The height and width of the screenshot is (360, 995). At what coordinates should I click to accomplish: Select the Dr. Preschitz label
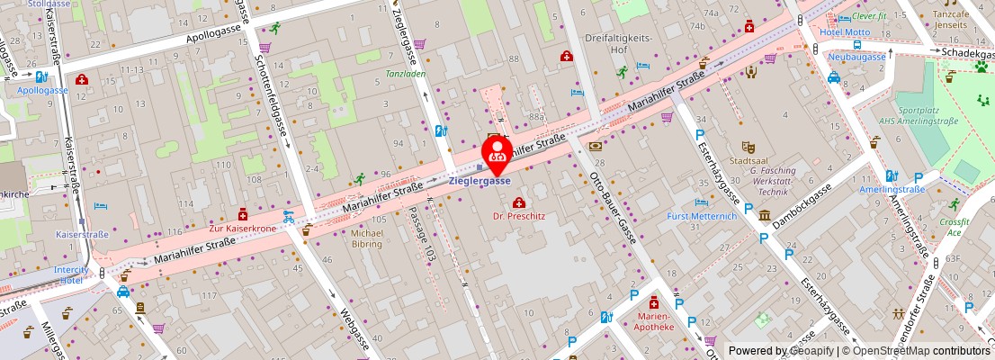click(519, 216)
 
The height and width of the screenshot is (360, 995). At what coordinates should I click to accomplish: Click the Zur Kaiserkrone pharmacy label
click(242, 229)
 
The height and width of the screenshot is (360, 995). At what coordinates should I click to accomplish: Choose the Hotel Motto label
click(844, 32)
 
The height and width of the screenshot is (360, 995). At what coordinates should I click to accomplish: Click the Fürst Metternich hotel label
click(702, 216)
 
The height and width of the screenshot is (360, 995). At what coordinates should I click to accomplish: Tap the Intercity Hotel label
click(72, 274)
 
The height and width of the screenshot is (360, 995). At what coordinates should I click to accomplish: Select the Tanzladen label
click(405, 74)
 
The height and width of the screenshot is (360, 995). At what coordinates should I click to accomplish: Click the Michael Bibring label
click(366, 238)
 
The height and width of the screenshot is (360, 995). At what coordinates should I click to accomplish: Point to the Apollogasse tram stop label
click(42, 91)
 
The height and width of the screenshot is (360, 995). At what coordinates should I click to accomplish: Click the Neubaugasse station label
click(856, 57)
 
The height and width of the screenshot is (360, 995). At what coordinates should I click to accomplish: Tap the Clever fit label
click(869, 16)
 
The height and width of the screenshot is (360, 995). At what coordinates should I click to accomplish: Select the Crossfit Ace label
click(952, 227)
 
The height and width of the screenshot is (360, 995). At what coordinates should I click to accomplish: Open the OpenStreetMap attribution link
click(916, 351)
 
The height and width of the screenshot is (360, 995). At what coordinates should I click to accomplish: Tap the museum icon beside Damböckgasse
click(764, 216)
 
